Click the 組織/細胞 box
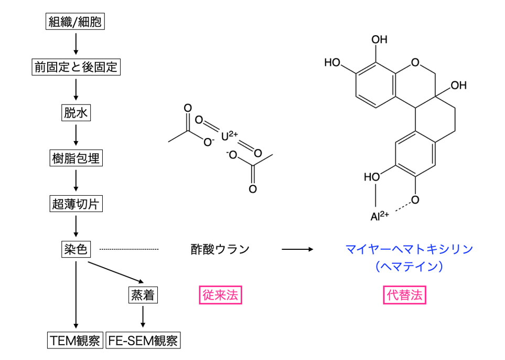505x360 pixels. point(76,22)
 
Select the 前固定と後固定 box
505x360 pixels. point(76,67)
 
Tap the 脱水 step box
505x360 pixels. point(76,112)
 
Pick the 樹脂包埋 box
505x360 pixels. point(76,158)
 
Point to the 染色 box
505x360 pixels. point(76,249)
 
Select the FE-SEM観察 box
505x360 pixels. point(143,341)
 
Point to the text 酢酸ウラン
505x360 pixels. point(220,249)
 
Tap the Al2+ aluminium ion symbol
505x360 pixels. point(380,216)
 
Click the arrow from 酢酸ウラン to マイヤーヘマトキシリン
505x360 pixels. point(298,249)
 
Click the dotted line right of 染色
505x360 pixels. point(128,249)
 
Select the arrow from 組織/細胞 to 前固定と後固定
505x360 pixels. point(76,44)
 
